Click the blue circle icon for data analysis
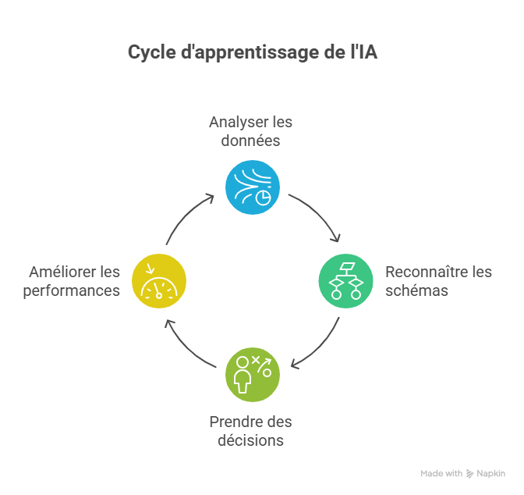[253, 187]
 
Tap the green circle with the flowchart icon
[346, 281]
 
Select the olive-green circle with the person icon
[253, 375]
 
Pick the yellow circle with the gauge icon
[159, 281]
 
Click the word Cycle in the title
[152, 52]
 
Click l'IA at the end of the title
[364, 52]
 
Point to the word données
[250, 141]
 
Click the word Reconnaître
[426, 272]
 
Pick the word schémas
[416, 290]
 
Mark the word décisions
[250, 440]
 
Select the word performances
[72, 291]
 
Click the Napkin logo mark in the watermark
[470, 474]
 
